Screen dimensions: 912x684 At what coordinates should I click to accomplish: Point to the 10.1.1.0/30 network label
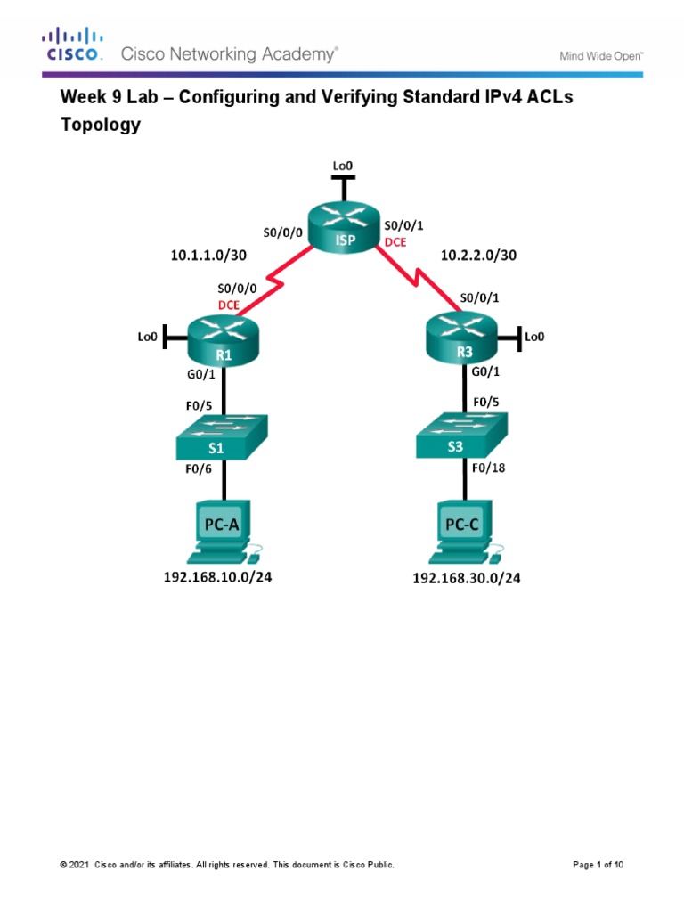(208, 256)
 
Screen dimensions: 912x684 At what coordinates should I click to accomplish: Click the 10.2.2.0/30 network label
(478, 256)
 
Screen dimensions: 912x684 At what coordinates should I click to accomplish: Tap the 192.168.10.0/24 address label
(217, 577)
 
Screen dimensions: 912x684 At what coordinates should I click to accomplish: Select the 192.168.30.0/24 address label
(466, 578)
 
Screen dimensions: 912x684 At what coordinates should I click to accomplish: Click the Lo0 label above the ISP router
(342, 166)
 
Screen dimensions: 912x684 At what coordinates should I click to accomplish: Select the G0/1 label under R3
(484, 370)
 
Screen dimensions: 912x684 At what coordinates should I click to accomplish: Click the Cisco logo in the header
(74, 45)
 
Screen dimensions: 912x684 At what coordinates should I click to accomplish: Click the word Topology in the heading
(100, 125)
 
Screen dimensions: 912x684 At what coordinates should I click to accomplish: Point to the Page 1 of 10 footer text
(602, 865)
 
